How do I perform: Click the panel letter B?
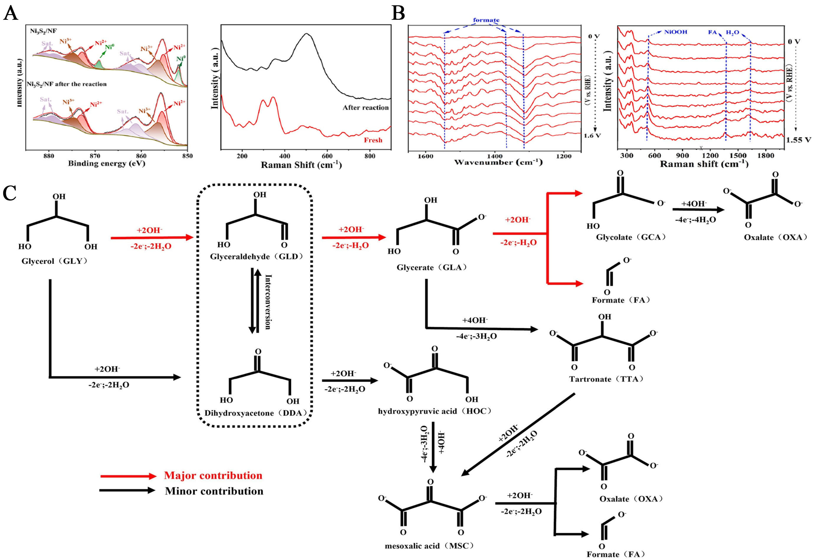click(x=398, y=13)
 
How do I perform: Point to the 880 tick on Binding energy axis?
click(x=48, y=156)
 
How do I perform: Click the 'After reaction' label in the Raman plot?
click(x=366, y=108)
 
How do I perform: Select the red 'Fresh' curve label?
click(x=373, y=140)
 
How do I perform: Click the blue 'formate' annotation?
click(x=486, y=20)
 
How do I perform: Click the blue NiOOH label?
click(x=675, y=32)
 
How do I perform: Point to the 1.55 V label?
click(x=798, y=140)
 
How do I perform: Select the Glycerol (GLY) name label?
click(x=54, y=261)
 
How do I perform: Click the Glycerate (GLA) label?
click(x=432, y=268)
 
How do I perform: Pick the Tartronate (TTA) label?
click(x=606, y=379)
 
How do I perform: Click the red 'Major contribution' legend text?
click(x=213, y=475)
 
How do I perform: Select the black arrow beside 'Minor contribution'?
click(x=127, y=490)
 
